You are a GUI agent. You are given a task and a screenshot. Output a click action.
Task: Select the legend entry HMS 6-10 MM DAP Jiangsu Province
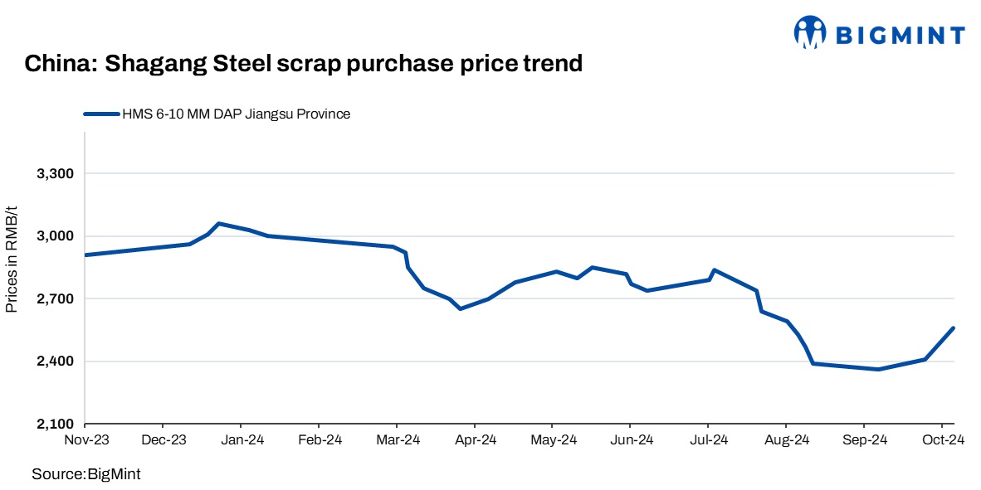pyautogui.click(x=236, y=114)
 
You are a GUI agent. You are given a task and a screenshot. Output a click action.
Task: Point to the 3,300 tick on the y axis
pyautogui.click(x=56, y=174)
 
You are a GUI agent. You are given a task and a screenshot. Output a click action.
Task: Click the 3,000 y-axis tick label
pyautogui.click(x=56, y=236)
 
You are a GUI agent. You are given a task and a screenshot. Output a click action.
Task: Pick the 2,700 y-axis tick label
pyautogui.click(x=56, y=299)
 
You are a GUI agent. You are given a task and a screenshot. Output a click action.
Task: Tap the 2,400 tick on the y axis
pyautogui.click(x=56, y=361)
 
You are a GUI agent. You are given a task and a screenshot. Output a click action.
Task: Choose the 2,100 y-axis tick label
pyautogui.click(x=56, y=425)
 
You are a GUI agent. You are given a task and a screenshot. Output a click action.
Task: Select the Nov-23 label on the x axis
pyautogui.click(x=86, y=440)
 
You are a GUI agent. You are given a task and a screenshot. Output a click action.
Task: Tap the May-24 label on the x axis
pyautogui.click(x=553, y=440)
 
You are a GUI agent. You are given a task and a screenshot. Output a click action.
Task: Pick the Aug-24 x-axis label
pyautogui.click(x=786, y=440)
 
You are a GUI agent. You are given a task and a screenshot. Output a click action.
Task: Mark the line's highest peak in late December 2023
pyautogui.click(x=218, y=223)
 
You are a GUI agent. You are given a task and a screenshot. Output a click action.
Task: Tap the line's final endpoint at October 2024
pyautogui.click(x=954, y=328)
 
